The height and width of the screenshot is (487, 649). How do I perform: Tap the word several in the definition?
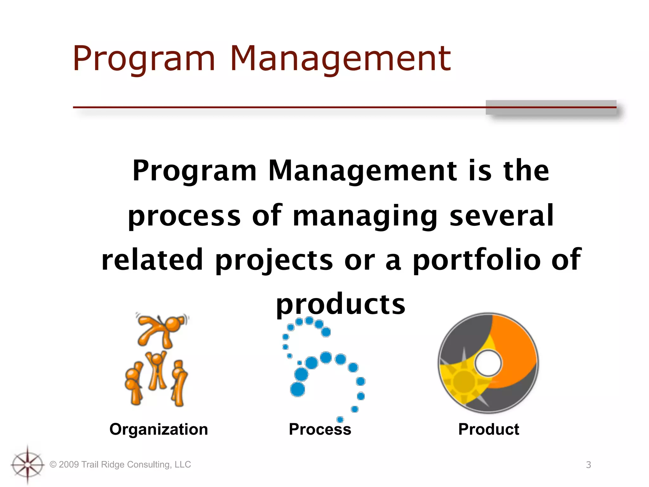coord(501,216)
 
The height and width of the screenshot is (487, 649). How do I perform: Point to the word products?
coord(340,304)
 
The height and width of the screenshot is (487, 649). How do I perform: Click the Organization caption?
coord(158,429)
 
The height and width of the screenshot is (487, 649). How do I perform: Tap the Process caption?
coord(320,429)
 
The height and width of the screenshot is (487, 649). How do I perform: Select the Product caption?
coord(488,429)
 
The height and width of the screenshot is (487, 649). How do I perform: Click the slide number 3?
coord(588,465)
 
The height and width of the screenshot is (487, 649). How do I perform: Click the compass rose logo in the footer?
coord(28,465)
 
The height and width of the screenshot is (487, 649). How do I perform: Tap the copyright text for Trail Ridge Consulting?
coord(120,464)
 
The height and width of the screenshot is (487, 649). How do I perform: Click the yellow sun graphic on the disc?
coord(464,381)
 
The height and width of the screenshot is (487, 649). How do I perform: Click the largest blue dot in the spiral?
coord(297,389)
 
